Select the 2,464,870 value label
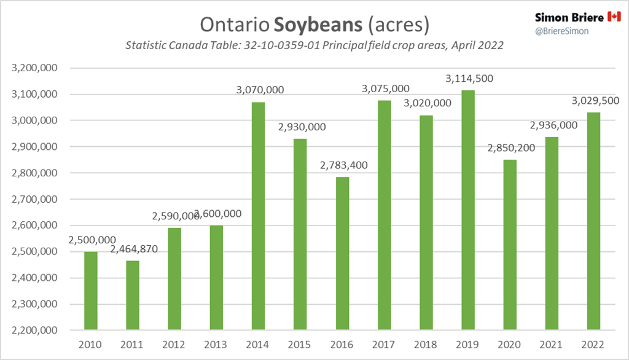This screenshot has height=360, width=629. [131, 249]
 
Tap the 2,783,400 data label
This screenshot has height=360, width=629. [342, 165]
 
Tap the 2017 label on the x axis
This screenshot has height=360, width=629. [383, 345]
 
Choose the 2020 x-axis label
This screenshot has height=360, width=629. [509, 345]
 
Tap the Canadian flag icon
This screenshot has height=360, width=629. [614, 17]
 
